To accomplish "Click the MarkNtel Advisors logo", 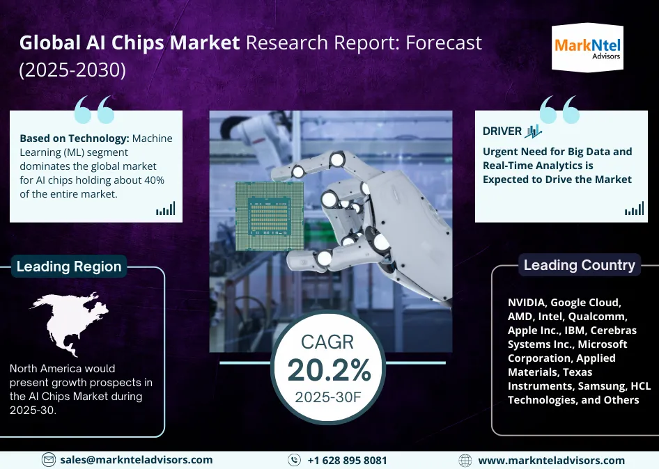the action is (587, 47).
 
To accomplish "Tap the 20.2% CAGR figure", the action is (329, 370).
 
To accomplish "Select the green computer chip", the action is (270, 216).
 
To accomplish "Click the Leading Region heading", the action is (69, 267).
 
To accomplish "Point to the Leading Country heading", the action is (579, 265).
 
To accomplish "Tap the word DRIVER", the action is (502, 131).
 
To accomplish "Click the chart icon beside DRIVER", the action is (534, 131).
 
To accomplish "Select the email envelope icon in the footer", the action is (49, 460).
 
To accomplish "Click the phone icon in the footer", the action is (294, 460).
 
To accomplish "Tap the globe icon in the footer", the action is (465, 460).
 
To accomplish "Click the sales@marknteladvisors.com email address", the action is (136, 460).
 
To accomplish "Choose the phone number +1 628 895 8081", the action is (347, 460).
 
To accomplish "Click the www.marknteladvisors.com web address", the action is (552, 460).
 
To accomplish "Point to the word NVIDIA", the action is (527, 302).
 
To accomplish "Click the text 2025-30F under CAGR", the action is (328, 397).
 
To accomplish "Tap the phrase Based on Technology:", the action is (75, 138).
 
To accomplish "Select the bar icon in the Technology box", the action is (166, 209).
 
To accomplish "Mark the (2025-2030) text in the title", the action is (72, 70).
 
